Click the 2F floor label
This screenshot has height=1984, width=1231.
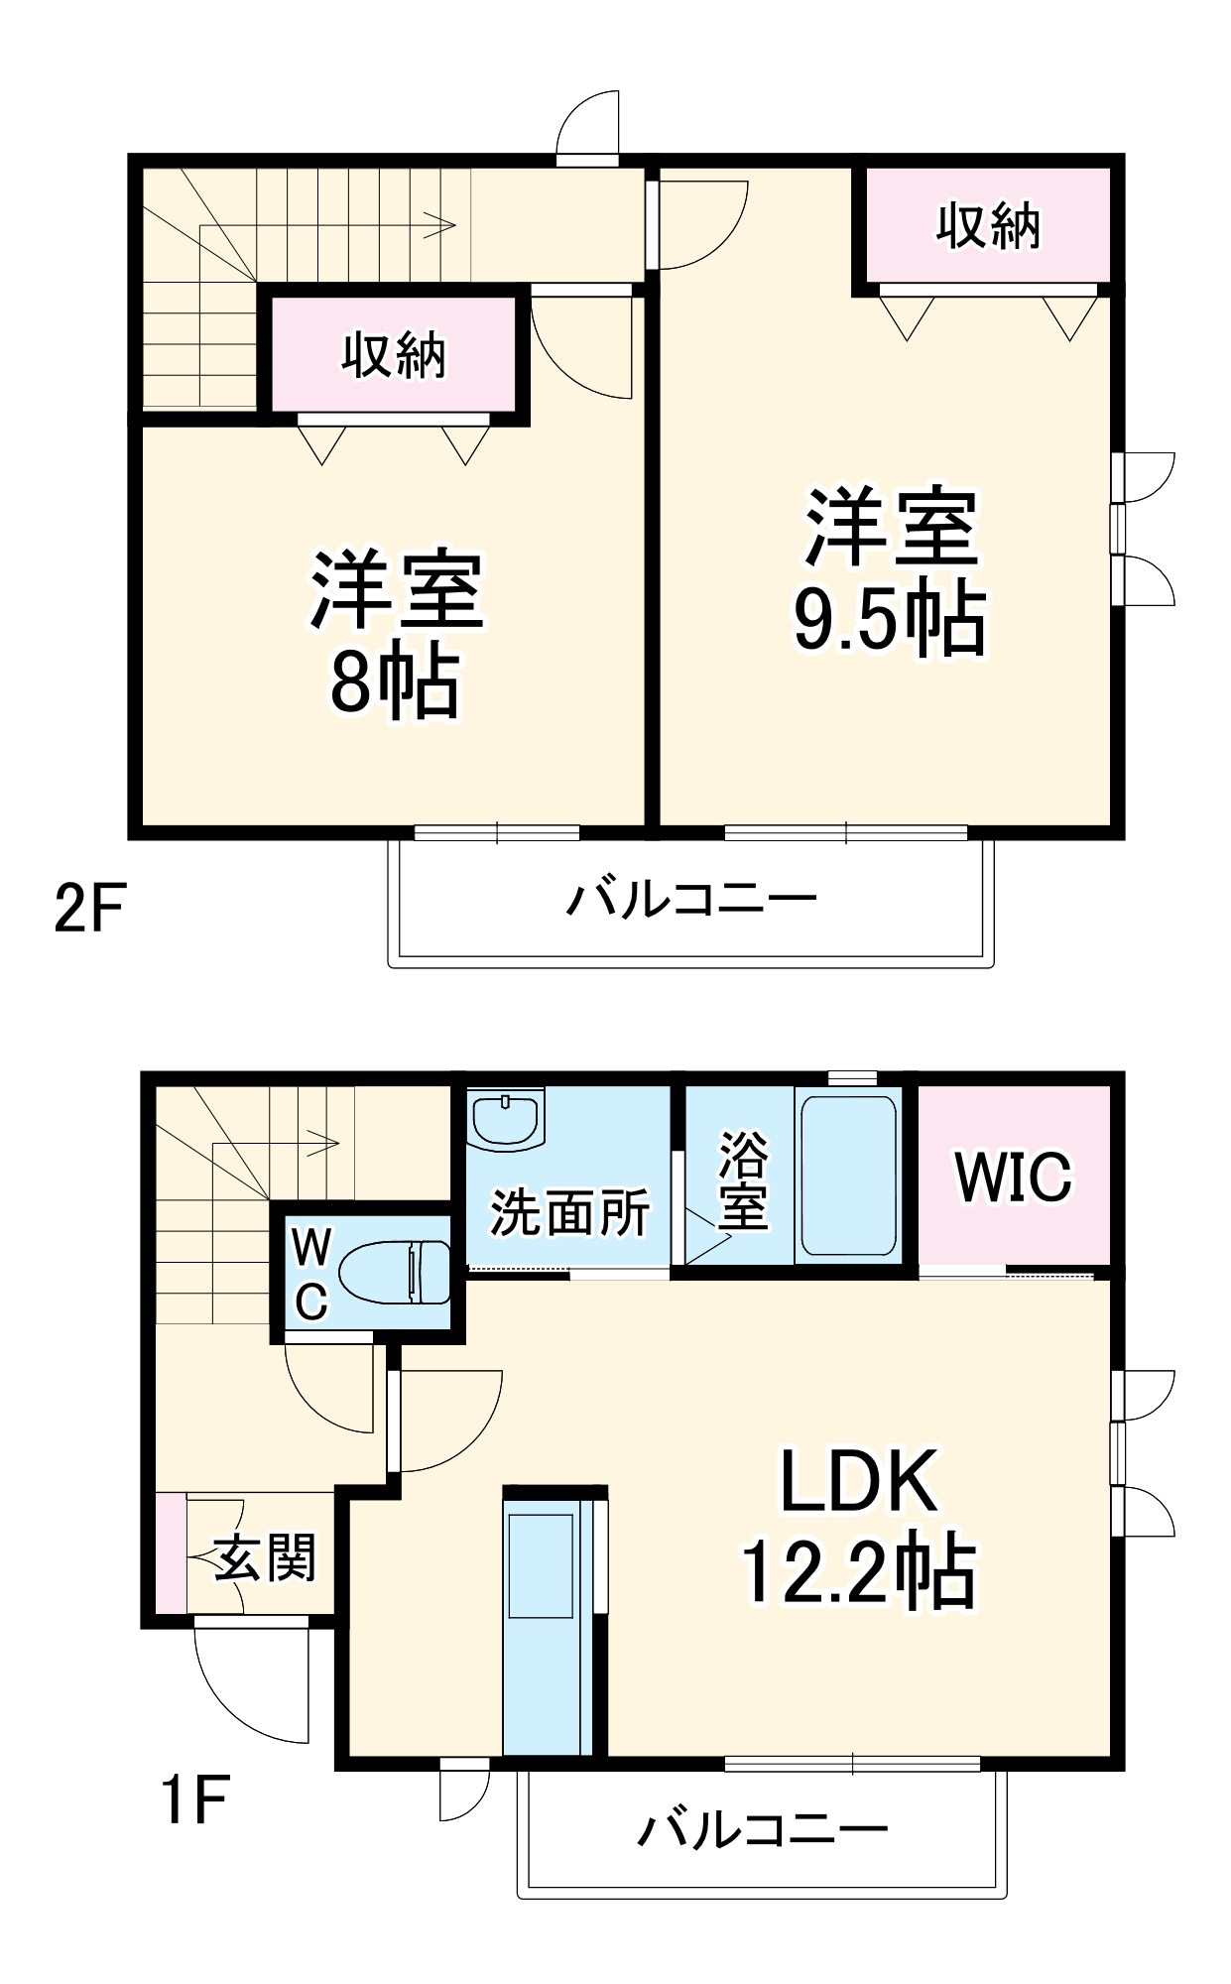point(89,908)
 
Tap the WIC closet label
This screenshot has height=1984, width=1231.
point(1013,1178)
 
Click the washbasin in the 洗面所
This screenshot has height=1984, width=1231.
point(506,1119)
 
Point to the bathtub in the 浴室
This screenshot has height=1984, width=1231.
point(848,1176)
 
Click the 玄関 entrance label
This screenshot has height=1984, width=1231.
point(265,1558)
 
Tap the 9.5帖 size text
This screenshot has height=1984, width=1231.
point(890,619)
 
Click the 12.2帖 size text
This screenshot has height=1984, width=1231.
point(858,1573)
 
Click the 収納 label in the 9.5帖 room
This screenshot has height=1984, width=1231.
point(988,226)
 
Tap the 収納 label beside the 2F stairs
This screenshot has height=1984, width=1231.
point(394,354)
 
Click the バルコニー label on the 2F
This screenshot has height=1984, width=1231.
point(691,900)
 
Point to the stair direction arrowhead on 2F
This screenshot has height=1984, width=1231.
point(443,225)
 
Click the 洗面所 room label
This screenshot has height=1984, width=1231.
point(569,1212)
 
